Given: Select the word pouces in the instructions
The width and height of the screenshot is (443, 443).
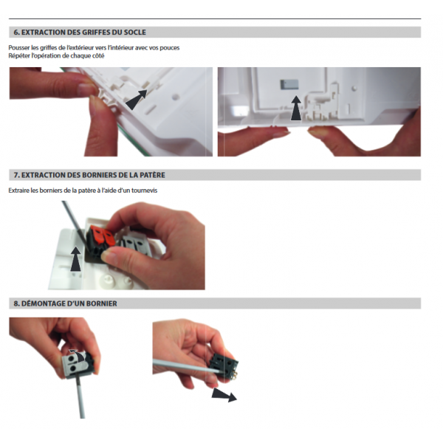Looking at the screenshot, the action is coord(170,48).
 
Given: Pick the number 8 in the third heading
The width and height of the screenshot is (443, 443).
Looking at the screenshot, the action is coord(16,303).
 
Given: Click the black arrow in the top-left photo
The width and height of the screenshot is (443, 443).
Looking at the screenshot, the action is coord(137,99).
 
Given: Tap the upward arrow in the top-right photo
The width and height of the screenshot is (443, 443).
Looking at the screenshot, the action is coord(296,108).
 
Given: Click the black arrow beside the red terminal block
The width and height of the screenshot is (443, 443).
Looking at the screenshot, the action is coord(76,259).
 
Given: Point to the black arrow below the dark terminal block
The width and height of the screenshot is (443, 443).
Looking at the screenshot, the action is coord(224,395).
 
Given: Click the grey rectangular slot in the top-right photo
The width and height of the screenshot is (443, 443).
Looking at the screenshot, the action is coord(289,84).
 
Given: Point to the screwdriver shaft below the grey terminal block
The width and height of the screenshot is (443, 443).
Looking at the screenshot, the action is coord(80,398).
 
